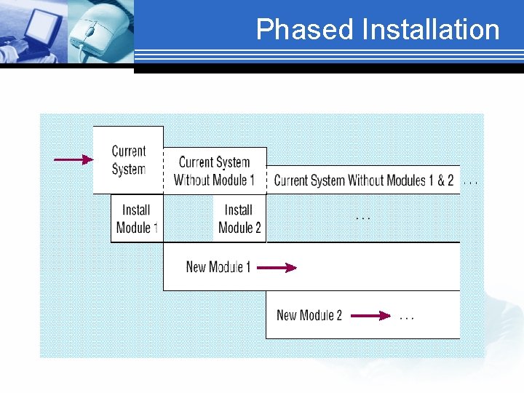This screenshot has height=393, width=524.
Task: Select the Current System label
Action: coord(129,160)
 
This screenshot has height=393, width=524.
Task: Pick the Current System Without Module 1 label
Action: coord(215,171)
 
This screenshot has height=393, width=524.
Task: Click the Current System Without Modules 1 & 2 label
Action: coord(363,180)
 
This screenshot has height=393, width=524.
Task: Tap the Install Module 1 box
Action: coord(136,218)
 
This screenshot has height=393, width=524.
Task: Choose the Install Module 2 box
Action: coord(239,218)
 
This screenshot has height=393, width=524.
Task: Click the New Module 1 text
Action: coord(218,267)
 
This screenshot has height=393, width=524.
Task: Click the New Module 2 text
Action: coord(309,315)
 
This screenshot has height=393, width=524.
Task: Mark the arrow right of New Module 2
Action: coord(371,316)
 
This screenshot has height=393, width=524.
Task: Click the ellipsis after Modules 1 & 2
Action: coord(471,182)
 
